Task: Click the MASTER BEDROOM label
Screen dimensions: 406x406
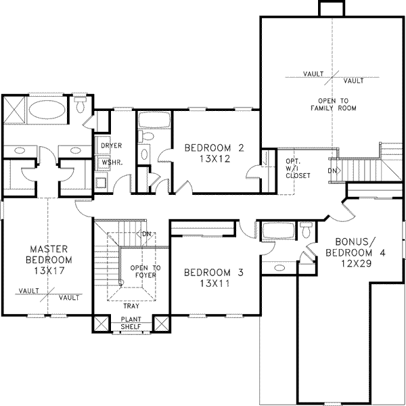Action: coord(46,254)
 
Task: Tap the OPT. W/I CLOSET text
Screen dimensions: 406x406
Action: coord(298,168)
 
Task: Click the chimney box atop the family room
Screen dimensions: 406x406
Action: coord(329,7)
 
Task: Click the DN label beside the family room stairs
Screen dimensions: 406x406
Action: coord(332,171)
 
